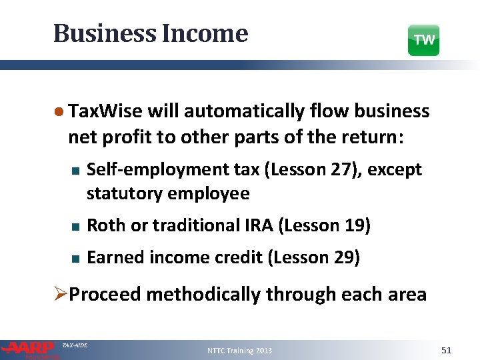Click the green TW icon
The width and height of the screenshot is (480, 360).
[x=423, y=40]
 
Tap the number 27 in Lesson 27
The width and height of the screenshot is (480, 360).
[x=337, y=170]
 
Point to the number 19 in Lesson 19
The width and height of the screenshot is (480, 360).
[x=353, y=226]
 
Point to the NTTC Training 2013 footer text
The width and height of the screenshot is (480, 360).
[x=239, y=351]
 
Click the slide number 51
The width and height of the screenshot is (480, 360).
[x=447, y=350]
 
